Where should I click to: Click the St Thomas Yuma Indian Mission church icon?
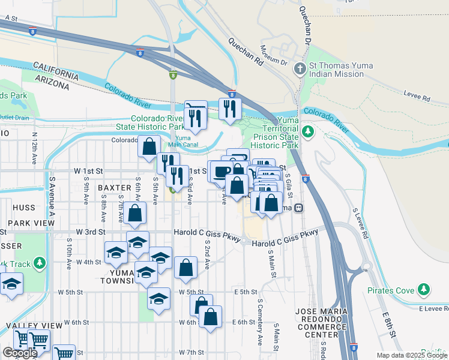point(300,70)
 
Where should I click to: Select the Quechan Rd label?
point(246,52)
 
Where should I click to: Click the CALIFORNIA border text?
point(55,70)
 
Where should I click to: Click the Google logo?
point(20,353)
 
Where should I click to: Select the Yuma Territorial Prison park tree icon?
point(308,131)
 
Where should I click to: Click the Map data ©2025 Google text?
point(411,355)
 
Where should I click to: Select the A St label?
point(11,19)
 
